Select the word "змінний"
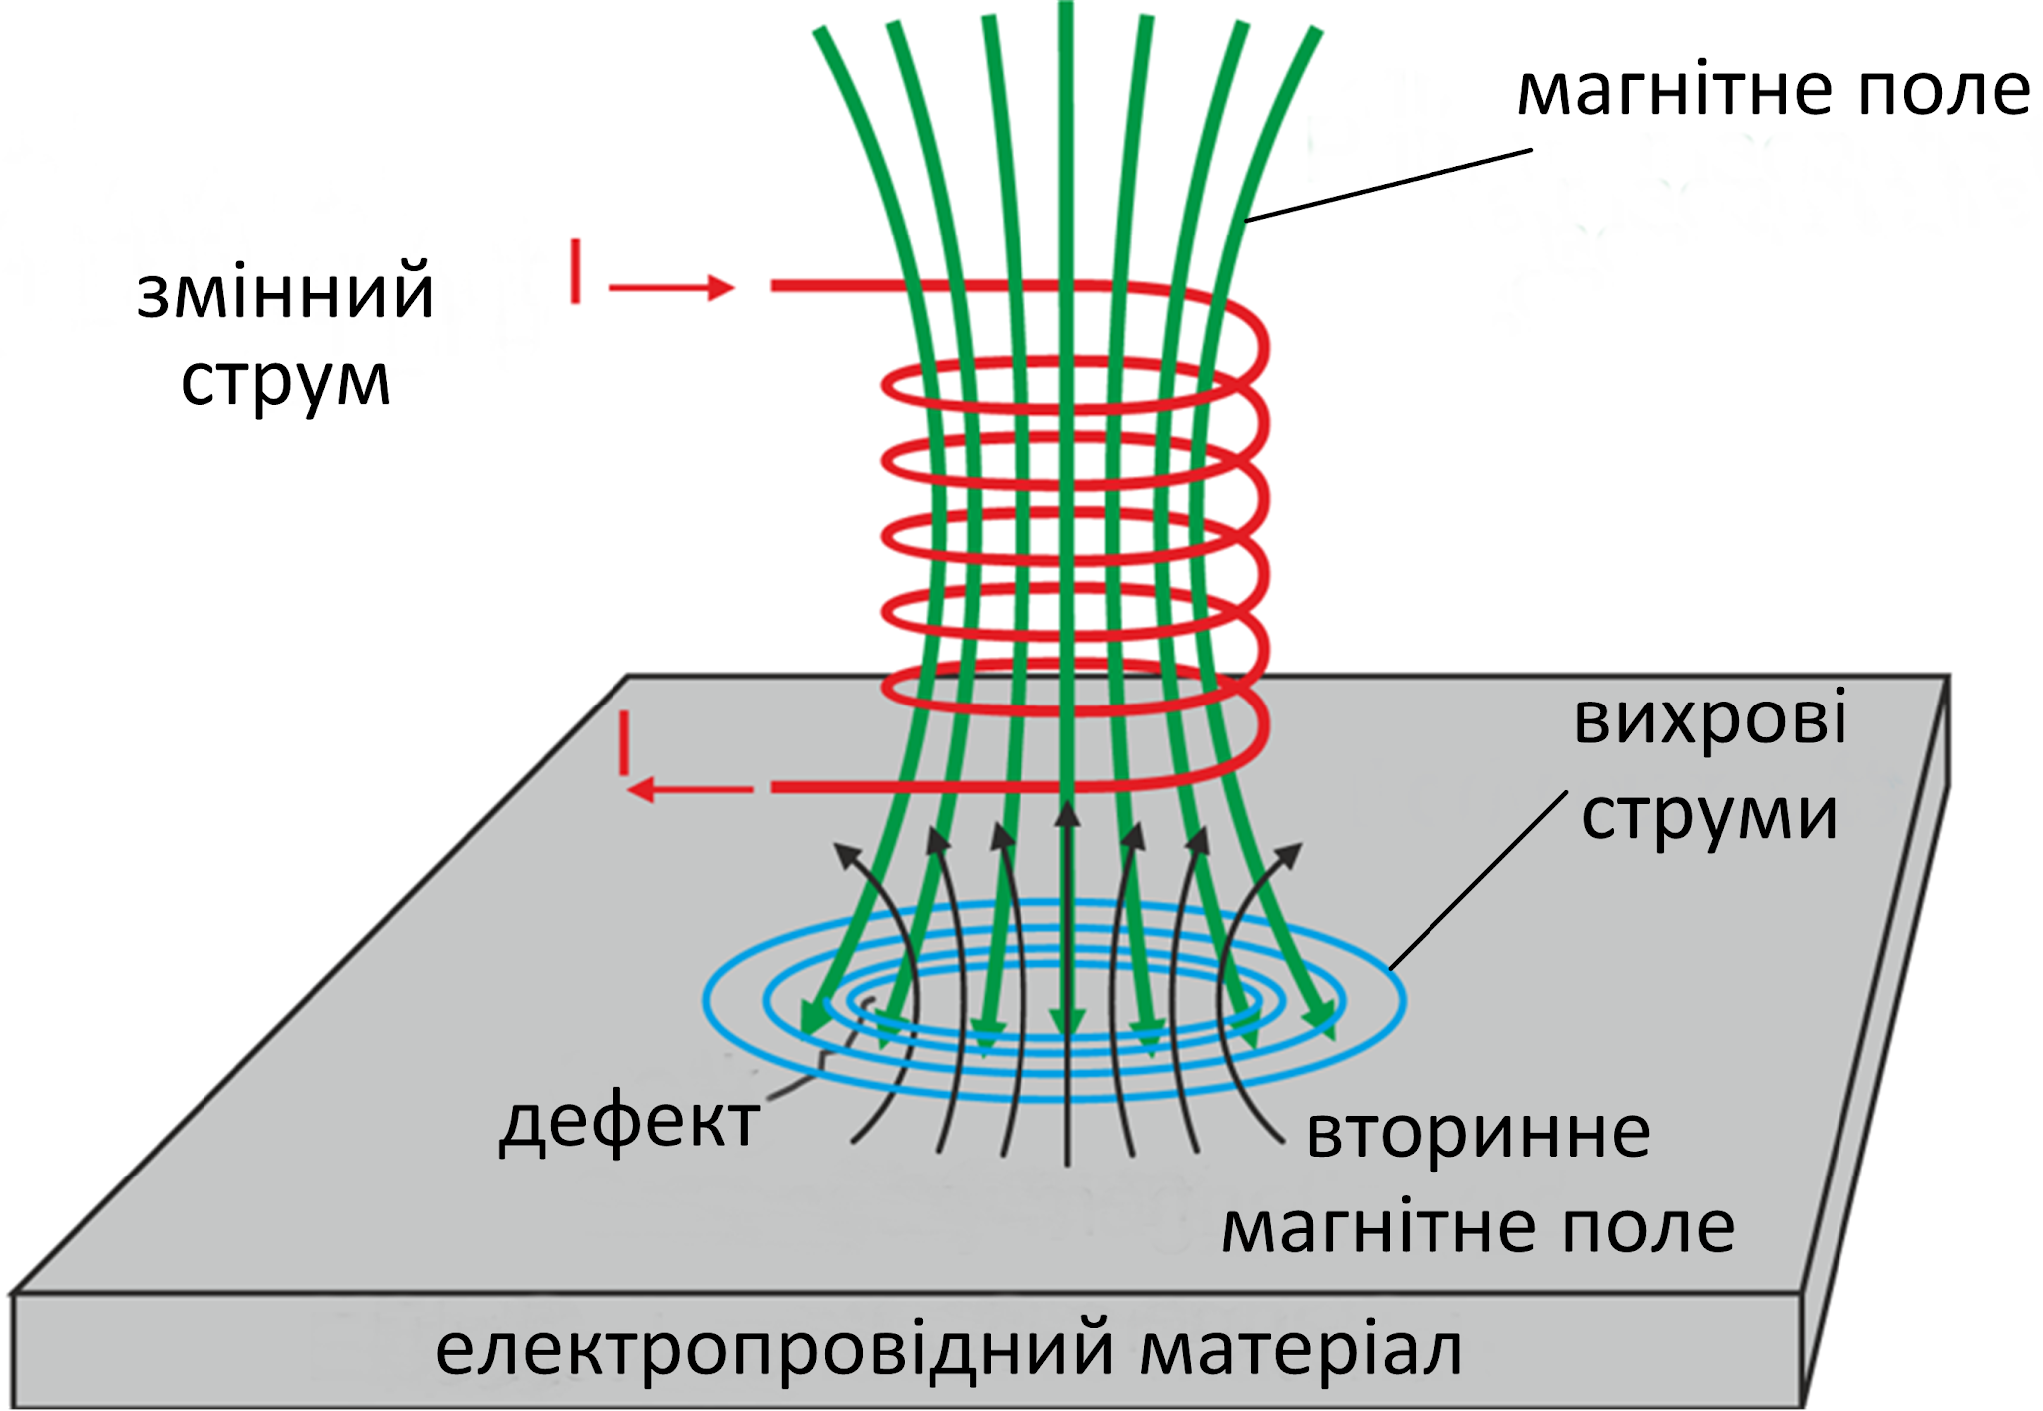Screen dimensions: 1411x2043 (x=285, y=293)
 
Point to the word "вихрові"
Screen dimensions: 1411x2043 (x=1710, y=718)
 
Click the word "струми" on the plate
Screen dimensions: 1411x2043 (x=1710, y=816)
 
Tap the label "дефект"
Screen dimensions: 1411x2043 (x=628, y=1124)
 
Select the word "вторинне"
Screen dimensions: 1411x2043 (x=1478, y=1134)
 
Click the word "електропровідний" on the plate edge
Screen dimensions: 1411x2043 (x=774, y=1349)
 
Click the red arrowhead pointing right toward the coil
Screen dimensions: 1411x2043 (x=721, y=287)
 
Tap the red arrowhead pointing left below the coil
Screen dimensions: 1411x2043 (x=640, y=790)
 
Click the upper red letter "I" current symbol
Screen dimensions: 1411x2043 (x=575, y=270)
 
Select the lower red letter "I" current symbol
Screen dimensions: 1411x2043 (x=624, y=742)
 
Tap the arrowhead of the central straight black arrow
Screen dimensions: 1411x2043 (x=1067, y=814)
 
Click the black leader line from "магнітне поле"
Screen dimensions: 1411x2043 (x=1389, y=185)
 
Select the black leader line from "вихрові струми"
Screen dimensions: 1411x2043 (x=1476, y=882)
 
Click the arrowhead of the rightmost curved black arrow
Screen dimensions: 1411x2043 (x=1289, y=854)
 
